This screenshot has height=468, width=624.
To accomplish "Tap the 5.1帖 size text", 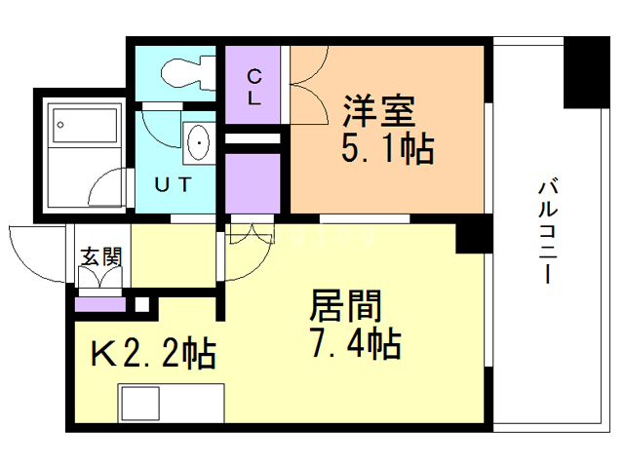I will (386, 150).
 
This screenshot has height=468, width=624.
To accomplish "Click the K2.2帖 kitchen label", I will (153, 352).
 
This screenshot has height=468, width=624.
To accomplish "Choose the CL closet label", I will (253, 85).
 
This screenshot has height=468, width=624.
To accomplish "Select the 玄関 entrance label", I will (101, 257).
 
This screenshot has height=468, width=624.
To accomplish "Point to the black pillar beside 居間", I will (473, 235).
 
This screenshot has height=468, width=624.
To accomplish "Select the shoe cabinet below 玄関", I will (100, 303).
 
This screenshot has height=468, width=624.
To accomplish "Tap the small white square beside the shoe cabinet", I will (142, 304).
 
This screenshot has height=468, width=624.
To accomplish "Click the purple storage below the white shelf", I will (254, 182).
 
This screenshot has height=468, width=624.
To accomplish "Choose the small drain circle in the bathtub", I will (60, 125).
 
